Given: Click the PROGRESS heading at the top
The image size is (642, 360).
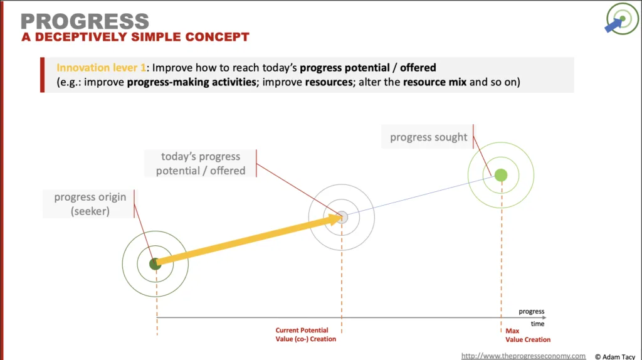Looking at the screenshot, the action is (85, 21).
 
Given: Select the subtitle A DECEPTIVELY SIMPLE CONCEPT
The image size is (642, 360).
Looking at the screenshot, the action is (135, 37).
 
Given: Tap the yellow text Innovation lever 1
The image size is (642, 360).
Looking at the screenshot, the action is (101, 68).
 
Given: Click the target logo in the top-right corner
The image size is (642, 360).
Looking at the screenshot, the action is (621, 18).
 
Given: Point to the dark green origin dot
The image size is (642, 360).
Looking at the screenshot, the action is (155, 264).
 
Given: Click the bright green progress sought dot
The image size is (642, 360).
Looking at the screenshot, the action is (501, 175).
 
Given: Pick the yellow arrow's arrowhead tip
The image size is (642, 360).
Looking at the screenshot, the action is (342, 217).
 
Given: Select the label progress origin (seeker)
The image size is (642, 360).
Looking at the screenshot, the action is (90, 204).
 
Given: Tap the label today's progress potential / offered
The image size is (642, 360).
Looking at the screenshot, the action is (201, 164).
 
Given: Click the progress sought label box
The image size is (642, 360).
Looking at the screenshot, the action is (428, 137).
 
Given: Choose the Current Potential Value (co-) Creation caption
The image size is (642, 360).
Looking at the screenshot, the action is (305, 335).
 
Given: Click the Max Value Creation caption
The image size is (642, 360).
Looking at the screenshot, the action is (528, 335).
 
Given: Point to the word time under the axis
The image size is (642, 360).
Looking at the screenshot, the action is (537, 324).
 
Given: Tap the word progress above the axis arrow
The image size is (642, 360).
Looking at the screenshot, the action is (532, 311).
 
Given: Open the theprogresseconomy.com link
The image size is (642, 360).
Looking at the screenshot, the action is (524, 356).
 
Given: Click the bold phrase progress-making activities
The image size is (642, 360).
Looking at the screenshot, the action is (192, 82).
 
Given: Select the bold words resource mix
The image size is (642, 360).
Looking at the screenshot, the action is (434, 82).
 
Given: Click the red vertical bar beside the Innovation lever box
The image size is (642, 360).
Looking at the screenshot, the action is (42, 75).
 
